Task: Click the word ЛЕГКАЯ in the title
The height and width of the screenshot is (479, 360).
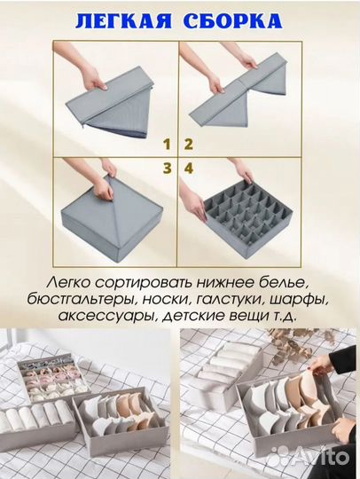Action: pos(115,21)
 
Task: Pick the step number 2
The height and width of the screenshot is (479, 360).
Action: pos(188,142)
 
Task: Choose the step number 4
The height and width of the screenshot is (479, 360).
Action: pos(189,165)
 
